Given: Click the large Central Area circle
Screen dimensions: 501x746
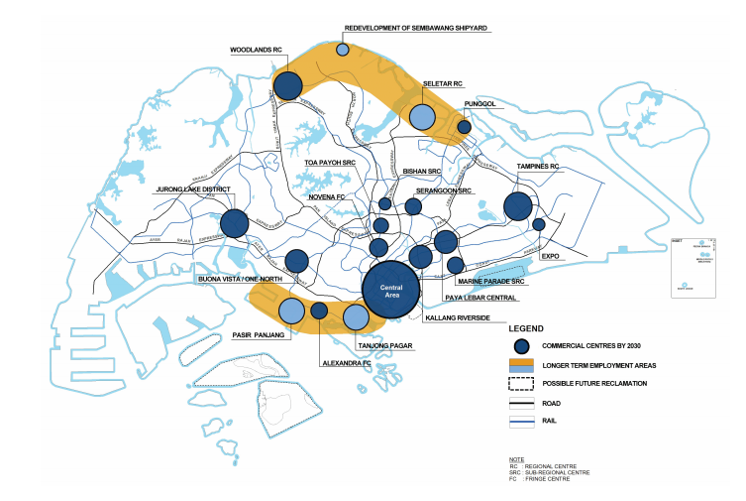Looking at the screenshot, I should pyautogui.click(x=394, y=289).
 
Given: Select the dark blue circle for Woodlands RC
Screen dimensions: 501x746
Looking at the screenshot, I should pyautogui.click(x=287, y=86).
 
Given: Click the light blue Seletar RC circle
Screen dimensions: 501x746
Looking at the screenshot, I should pyautogui.click(x=422, y=118).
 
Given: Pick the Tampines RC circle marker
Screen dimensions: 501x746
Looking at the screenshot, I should pyautogui.click(x=517, y=206).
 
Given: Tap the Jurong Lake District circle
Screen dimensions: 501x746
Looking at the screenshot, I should pyautogui.click(x=235, y=223).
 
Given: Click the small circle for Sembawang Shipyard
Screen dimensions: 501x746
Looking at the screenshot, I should pyautogui.click(x=343, y=50).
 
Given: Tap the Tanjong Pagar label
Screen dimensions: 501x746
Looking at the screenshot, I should pyautogui.click(x=384, y=345).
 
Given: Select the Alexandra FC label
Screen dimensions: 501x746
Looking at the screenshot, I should pyautogui.click(x=343, y=364).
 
